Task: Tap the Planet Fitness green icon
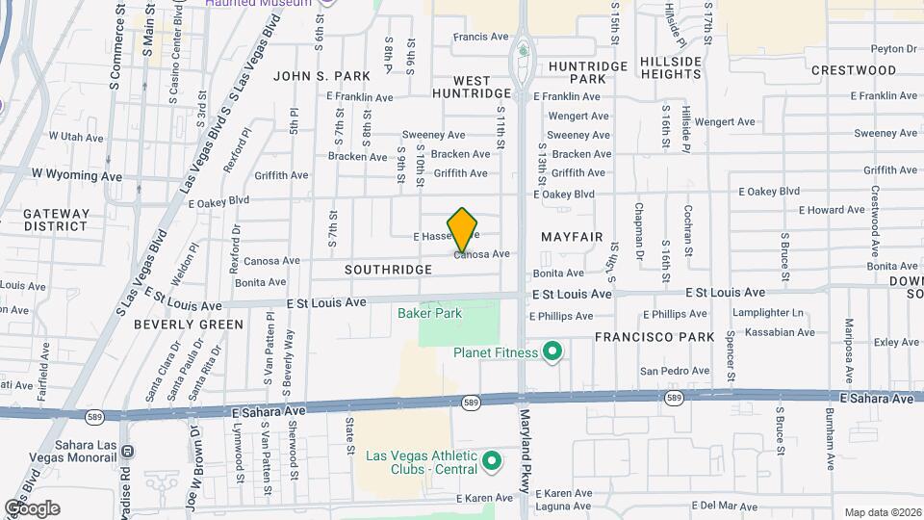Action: pyautogui.click(x=552, y=352)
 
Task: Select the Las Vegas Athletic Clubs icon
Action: pyautogui.click(x=493, y=462)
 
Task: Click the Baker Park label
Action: pyautogui.click(x=429, y=313)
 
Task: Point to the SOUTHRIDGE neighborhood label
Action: pyautogui.click(x=388, y=271)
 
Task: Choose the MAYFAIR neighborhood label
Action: pyautogui.click(x=572, y=236)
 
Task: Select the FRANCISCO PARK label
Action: pyautogui.click(x=654, y=337)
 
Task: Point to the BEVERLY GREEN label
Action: pyautogui.click(x=189, y=325)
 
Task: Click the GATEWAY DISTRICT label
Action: pyautogui.click(x=57, y=220)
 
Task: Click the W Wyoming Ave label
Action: pyautogui.click(x=77, y=175)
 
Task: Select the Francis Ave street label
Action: pyautogui.click(x=480, y=37)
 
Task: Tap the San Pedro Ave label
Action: pyautogui.click(x=675, y=371)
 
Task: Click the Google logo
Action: pyautogui.click(x=32, y=507)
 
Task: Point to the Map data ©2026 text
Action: pyautogui.click(x=882, y=512)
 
